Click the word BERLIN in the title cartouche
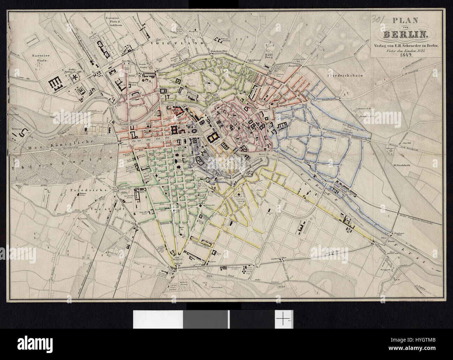(x=406, y=34)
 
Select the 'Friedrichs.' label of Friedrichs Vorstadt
(x=82, y=190)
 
